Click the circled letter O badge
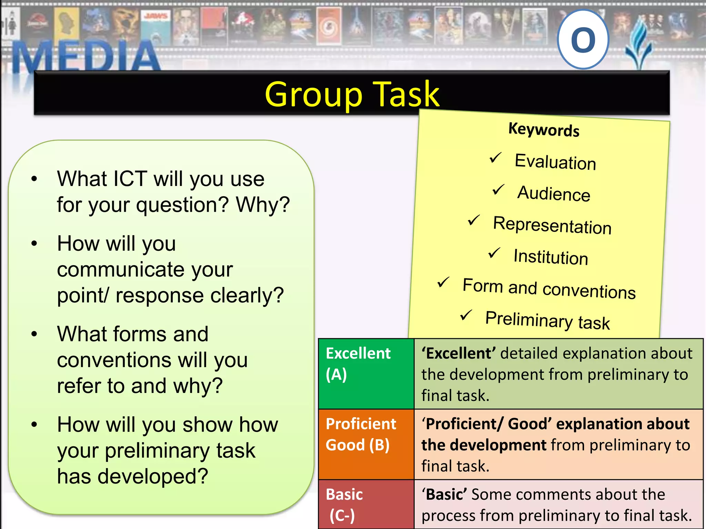[x=583, y=39]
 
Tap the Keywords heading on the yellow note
[x=544, y=130]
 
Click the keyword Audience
[x=554, y=193]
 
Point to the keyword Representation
[x=552, y=225]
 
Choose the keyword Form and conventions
[x=549, y=289]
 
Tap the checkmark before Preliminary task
[x=466, y=315]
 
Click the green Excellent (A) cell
[x=366, y=374]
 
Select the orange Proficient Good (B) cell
[x=366, y=444]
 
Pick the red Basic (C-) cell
[x=366, y=504]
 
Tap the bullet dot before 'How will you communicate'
[x=34, y=243]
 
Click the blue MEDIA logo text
[x=86, y=57]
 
